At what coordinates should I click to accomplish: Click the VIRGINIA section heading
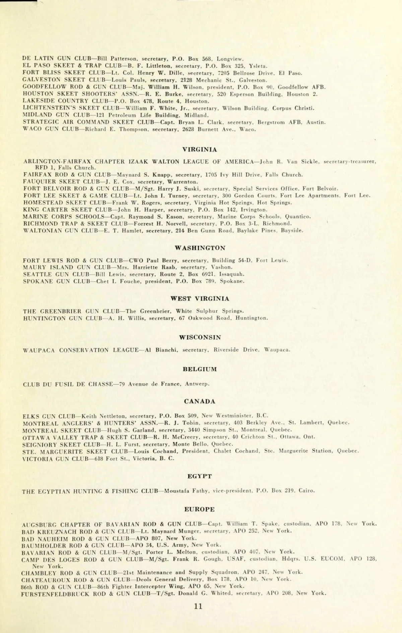pos(200,150)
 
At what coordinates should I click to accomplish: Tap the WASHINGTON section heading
pos(200,248)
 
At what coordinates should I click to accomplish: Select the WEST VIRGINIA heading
pos(200,299)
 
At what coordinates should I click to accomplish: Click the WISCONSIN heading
pos(200,337)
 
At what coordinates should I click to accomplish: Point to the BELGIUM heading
pos(200,369)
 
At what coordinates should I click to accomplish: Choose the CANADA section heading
pos(200,401)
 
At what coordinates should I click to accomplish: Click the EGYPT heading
pos(200,476)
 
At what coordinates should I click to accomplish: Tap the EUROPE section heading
pos(200,509)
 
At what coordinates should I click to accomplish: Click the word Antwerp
pos(197,384)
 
